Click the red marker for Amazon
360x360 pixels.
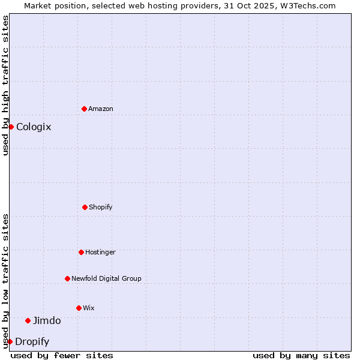[84, 109]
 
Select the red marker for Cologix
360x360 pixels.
[11, 127]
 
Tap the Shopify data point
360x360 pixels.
[85, 207]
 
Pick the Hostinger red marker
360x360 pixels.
[81, 252]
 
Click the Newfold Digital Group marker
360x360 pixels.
[67, 278]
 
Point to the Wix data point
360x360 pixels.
[79, 308]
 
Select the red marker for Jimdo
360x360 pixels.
[28, 320]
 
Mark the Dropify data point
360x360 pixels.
[10, 341]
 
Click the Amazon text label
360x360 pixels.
[101, 109]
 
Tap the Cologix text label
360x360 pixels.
[34, 127]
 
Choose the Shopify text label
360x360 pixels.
[101, 207]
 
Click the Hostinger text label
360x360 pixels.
[100, 252]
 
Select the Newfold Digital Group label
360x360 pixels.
[106, 278]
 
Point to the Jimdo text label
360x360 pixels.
[47, 320]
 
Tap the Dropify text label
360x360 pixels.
[32, 342]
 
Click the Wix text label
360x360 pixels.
[89, 308]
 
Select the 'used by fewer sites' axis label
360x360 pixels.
[62, 355]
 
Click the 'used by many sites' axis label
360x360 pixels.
[301, 355]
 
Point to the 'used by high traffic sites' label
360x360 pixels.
[5, 85]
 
